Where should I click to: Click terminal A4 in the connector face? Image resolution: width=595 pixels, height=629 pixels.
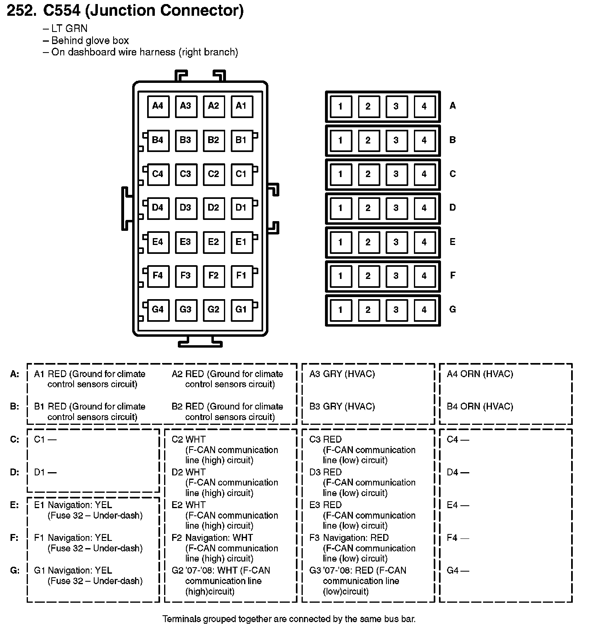click(158, 106)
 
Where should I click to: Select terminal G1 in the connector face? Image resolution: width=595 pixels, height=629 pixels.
click(241, 310)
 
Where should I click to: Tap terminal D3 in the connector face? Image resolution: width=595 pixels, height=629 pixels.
click(186, 208)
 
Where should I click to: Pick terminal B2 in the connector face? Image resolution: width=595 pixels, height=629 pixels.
click(213, 140)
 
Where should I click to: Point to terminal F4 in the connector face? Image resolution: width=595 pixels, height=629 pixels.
click(158, 276)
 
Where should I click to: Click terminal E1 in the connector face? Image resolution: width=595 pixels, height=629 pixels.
click(241, 242)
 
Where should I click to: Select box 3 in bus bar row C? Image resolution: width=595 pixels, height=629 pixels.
click(396, 174)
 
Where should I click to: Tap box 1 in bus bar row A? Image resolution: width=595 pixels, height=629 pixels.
click(340, 106)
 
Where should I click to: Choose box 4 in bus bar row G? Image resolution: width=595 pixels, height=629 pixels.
click(424, 310)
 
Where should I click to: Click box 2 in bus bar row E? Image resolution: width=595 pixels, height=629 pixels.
click(368, 242)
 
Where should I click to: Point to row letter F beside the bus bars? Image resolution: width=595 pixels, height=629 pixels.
click(452, 276)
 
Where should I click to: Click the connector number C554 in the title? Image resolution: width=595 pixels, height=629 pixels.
click(62, 11)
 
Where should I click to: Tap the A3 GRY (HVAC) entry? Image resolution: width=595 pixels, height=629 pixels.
click(342, 374)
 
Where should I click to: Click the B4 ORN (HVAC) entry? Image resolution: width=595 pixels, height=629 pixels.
click(480, 407)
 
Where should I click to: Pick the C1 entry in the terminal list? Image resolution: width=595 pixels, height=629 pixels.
click(45, 439)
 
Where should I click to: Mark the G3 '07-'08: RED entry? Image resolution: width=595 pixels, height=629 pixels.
click(357, 571)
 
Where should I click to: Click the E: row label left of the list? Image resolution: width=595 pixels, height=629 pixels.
click(15, 505)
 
